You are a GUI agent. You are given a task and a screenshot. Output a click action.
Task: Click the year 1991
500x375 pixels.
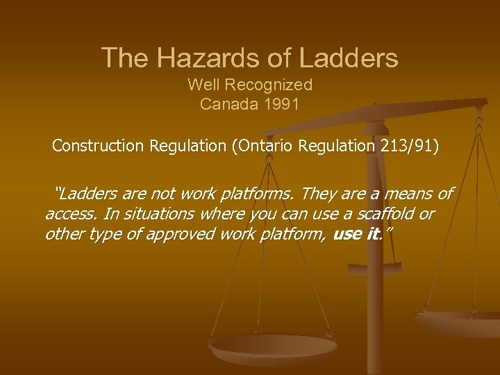(283, 105)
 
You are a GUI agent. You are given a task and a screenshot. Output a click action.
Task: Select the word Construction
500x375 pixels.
(97, 147)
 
